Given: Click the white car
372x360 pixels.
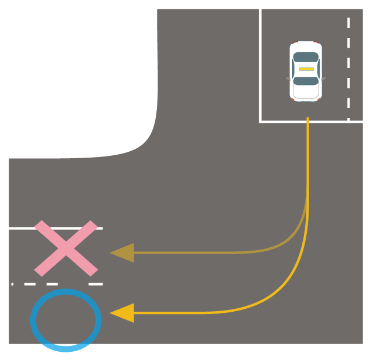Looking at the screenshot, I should [306, 71].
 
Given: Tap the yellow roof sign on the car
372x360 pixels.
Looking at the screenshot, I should [306, 69].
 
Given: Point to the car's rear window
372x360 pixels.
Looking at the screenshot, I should [306, 57].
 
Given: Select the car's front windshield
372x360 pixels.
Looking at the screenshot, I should [306, 81].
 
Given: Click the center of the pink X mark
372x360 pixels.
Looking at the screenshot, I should [66, 248].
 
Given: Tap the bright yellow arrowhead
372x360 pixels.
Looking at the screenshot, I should [123, 313].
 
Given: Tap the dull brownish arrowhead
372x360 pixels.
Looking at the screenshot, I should [123, 253].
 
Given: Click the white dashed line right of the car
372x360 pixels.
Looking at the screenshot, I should [348, 70].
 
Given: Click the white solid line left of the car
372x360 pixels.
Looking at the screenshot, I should [260, 64].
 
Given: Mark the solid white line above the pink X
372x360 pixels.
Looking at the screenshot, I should [23, 229].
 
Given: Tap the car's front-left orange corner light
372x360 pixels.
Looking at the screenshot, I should [319, 99].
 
